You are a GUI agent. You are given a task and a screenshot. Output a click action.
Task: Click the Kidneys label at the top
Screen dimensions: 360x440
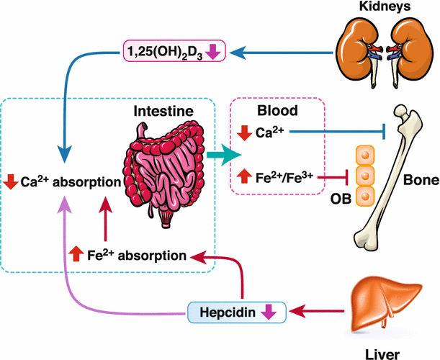coord(389,8)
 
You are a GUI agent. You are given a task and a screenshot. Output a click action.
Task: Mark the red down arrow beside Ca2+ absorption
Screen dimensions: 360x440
coord(10,182)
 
